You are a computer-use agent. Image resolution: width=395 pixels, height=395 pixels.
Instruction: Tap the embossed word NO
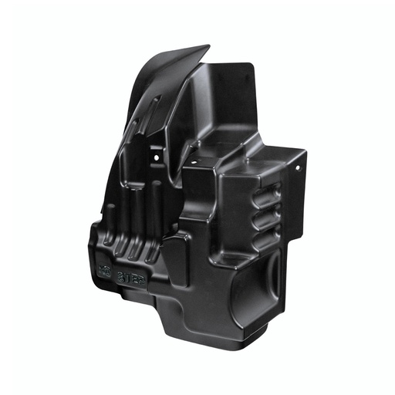[x=106, y=271]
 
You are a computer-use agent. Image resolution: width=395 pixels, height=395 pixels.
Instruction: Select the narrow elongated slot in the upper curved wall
[x=155, y=108]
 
